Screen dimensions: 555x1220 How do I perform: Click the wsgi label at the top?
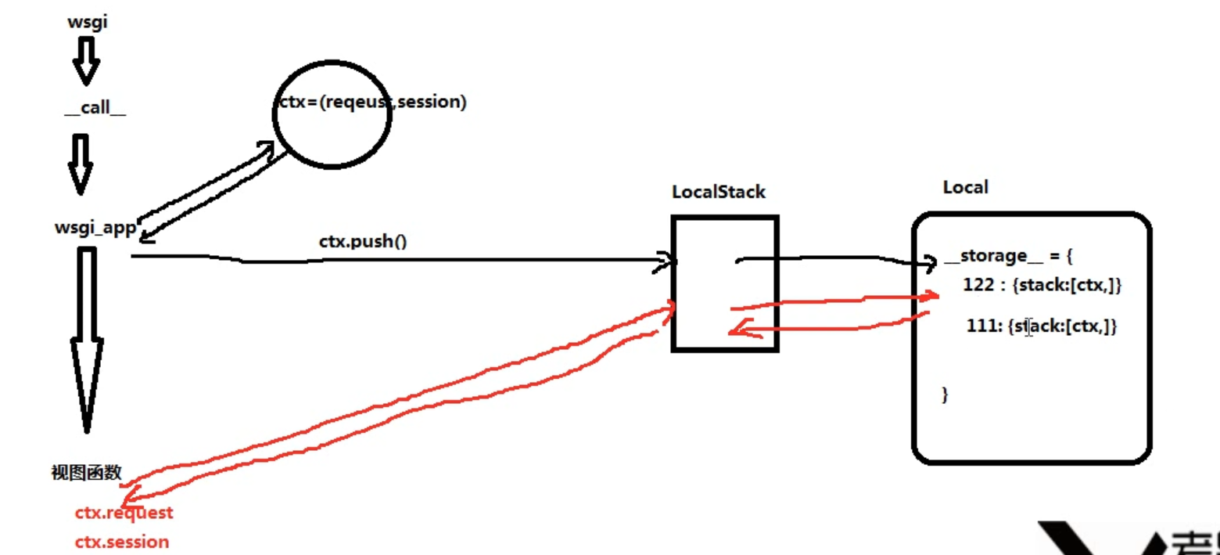click(x=87, y=22)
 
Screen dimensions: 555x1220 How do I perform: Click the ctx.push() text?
click(x=363, y=241)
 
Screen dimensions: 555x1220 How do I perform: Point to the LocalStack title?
click(x=718, y=192)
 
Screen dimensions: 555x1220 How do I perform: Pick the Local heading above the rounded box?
click(x=965, y=187)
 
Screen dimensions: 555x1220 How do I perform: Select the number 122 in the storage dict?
click(x=978, y=286)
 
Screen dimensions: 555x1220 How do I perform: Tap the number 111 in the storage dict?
click(x=981, y=326)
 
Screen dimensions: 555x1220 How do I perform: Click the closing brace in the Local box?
click(x=945, y=394)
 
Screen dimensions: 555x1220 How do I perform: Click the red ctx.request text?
click(x=124, y=514)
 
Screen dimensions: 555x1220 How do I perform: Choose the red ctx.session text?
click(x=121, y=542)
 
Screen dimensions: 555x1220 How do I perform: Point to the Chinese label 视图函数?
click(x=86, y=473)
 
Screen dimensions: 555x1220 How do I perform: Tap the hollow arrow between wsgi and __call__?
click(x=86, y=61)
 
